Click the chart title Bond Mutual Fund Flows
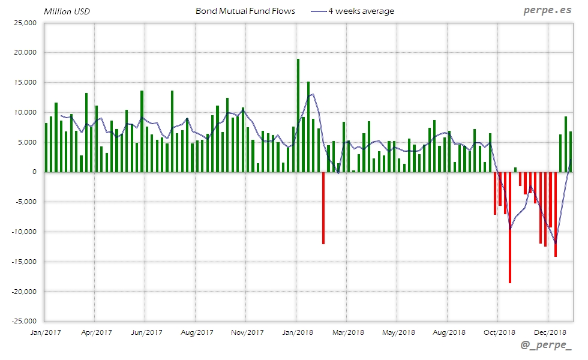click(x=245, y=11)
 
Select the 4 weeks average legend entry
click(x=361, y=11)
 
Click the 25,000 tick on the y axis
click(x=25, y=23)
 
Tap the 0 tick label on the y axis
click(x=34, y=172)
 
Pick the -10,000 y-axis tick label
click(x=24, y=232)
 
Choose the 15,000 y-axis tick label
click(x=25, y=82)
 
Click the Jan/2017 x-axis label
click(x=45, y=332)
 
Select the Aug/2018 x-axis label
click(x=449, y=332)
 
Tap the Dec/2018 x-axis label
click(x=550, y=332)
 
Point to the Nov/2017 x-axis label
click(x=247, y=332)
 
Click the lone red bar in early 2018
click(x=323, y=208)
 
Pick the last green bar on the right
click(x=571, y=151)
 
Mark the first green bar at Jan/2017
click(x=46, y=148)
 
